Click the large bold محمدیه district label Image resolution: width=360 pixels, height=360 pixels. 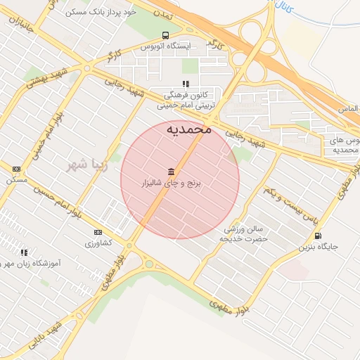(189, 129)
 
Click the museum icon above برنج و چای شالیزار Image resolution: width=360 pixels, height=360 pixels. (172, 172)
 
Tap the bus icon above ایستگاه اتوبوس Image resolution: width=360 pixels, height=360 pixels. (165, 36)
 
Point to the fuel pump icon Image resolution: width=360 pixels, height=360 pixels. (318, 236)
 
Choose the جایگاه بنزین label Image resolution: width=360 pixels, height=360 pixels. (319, 247)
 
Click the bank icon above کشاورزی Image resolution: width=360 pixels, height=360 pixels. (98, 233)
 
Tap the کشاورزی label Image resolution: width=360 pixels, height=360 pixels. (98, 243)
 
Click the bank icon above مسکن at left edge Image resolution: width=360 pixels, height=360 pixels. (16, 169)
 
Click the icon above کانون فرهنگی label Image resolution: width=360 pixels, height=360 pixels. (186, 84)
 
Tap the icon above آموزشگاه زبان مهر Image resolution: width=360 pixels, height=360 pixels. (24, 252)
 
